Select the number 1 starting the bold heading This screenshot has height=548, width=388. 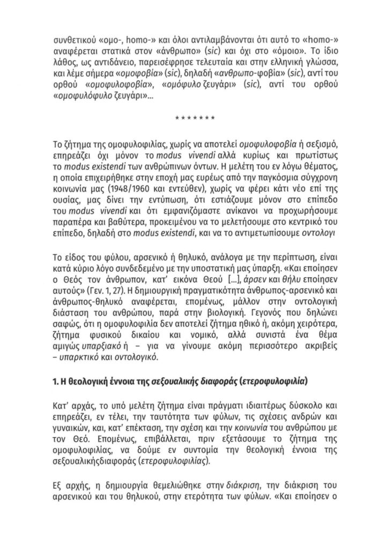point(56,383)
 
